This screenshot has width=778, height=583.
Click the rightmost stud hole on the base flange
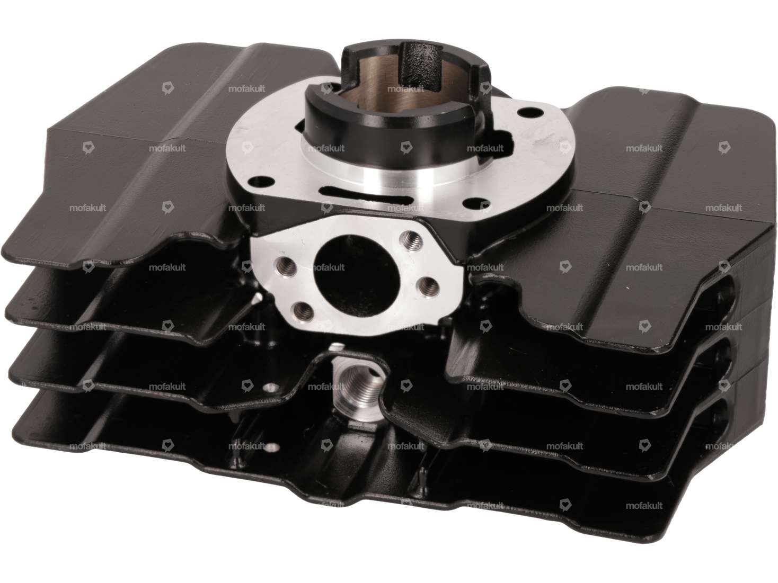(x=525, y=112)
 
